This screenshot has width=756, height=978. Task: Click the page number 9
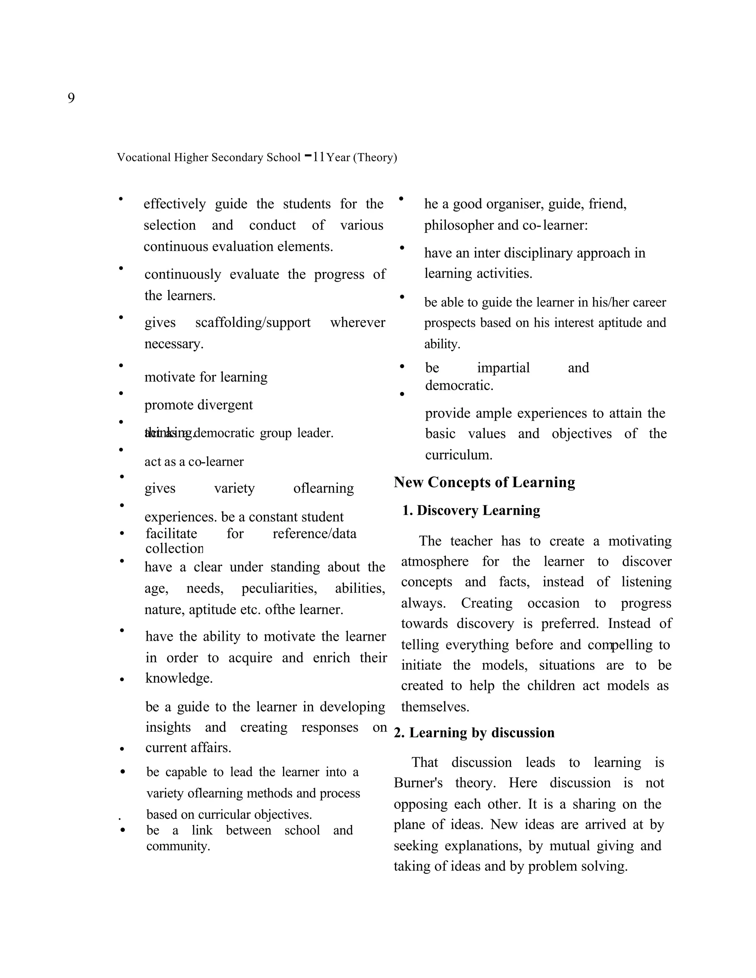click(x=71, y=98)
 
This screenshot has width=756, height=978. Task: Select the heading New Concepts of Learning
click(x=484, y=482)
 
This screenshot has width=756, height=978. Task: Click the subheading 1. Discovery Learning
click(x=471, y=510)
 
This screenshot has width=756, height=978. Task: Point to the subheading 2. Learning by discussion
click(x=474, y=733)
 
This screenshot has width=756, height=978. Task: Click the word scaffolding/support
click(x=252, y=323)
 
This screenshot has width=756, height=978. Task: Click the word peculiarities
click(x=279, y=588)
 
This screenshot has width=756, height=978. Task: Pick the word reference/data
click(x=315, y=534)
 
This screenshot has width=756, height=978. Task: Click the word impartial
click(x=503, y=368)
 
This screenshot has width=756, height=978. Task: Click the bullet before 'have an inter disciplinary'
click(x=402, y=248)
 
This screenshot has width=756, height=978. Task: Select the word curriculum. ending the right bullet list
click(x=458, y=455)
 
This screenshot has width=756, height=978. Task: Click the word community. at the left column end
click(x=178, y=846)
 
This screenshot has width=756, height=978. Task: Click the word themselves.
click(x=435, y=707)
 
